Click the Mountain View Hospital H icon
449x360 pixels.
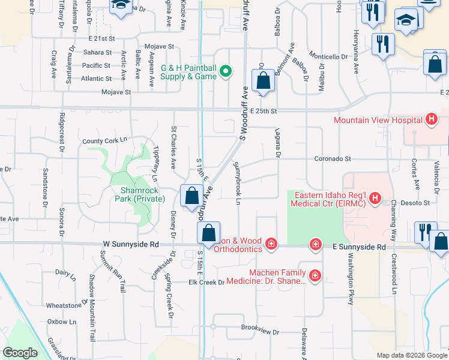(430, 120)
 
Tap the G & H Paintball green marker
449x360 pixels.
(226, 72)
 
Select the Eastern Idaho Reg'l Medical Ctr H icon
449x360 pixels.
(375, 197)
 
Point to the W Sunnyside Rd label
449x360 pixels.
(130, 245)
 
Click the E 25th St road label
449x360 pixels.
(264, 112)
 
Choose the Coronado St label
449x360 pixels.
(333, 159)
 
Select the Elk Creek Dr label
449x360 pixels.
(206, 282)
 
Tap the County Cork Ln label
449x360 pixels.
(106, 141)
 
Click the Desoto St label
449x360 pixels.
(417, 203)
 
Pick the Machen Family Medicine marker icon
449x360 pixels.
(315, 277)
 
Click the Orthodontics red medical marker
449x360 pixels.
(271, 244)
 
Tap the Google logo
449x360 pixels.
(20, 353)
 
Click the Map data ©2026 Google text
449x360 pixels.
(411, 355)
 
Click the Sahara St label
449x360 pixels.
(98, 52)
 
